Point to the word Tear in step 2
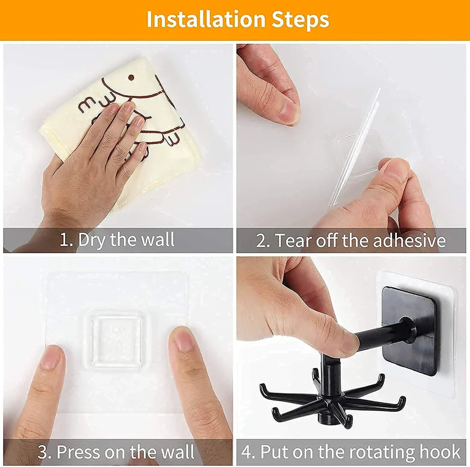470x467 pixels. tap(293, 241)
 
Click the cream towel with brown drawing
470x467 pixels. tap(171, 141)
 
